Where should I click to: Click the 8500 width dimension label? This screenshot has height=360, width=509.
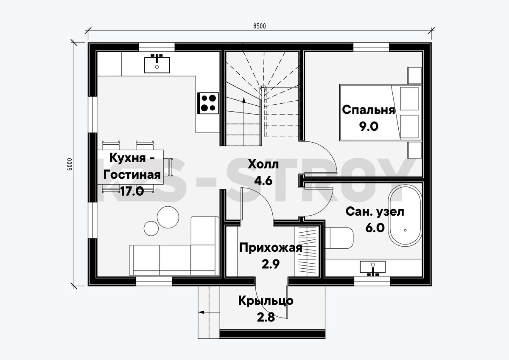(x=260, y=26)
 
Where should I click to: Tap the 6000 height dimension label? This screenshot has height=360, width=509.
(x=70, y=164)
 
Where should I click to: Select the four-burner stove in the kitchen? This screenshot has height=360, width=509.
(x=208, y=103)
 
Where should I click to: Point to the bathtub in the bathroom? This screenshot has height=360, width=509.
(x=405, y=215)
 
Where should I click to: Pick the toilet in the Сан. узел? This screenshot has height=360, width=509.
(x=339, y=238)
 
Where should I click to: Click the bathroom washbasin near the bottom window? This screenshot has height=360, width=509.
(x=373, y=268)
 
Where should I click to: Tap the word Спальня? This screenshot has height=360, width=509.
(x=368, y=110)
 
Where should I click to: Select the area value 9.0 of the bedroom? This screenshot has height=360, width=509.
(x=369, y=127)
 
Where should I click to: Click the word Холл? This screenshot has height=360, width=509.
(x=263, y=164)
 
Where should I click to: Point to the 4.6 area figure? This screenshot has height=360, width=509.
(x=263, y=181)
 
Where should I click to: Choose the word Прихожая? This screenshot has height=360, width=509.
(x=271, y=248)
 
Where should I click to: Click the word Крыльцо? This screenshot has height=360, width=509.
(x=266, y=301)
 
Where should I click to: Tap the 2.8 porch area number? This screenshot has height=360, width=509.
(x=266, y=317)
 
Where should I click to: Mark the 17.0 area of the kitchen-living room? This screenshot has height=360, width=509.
(x=132, y=191)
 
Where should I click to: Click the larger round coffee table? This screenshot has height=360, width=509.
(x=168, y=217)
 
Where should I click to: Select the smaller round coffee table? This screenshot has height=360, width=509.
(x=151, y=228)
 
